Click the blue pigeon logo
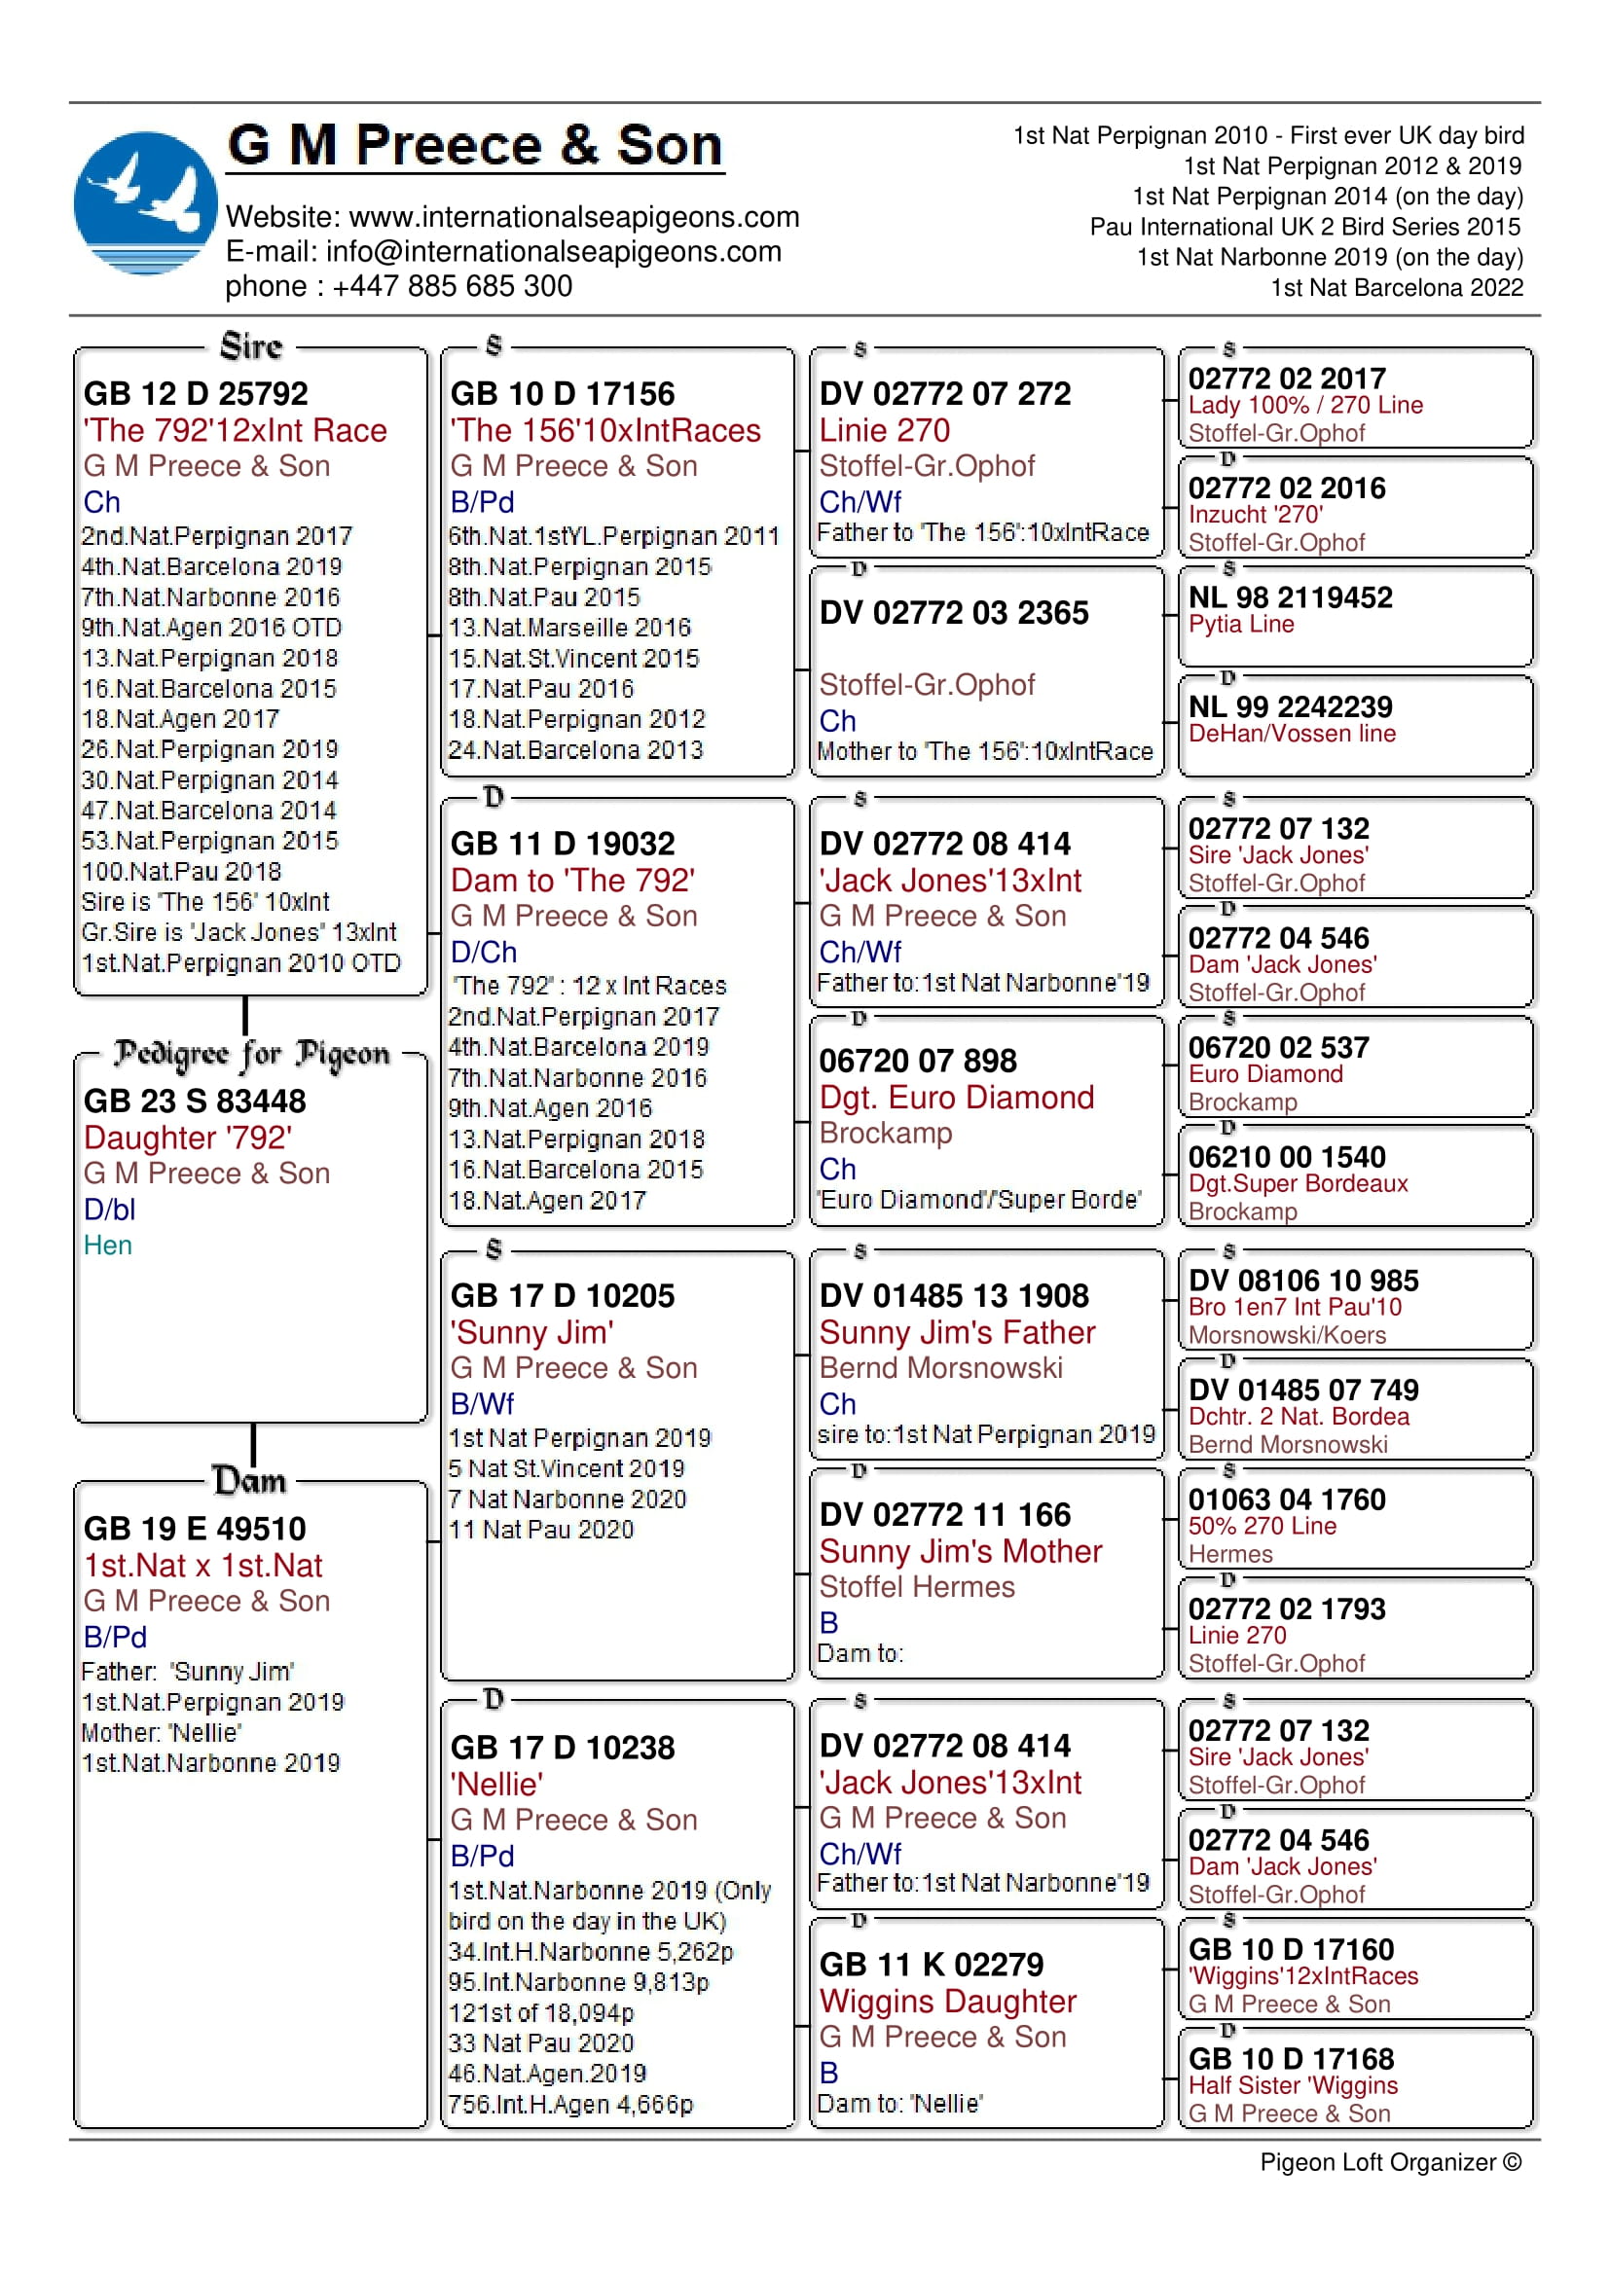coord(145,202)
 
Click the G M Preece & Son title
coord(475,146)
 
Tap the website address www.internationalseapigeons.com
coord(574,217)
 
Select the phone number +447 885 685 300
coord(452,286)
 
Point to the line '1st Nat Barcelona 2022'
coord(1396,288)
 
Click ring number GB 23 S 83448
coord(195,1102)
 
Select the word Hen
coord(107,1246)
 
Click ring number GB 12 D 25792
coord(196,393)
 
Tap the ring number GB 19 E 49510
coord(195,1529)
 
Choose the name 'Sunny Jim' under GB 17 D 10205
coord(531,1332)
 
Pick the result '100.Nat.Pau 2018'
coord(181,871)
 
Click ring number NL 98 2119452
coord(1290,597)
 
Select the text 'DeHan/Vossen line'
coord(1292,734)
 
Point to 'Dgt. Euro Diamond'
coord(957,1098)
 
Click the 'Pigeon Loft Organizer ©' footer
coord(1390,2162)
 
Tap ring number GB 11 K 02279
coord(931,1965)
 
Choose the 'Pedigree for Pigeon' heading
coord(252,1054)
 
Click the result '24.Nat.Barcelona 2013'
coord(575,750)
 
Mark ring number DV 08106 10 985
coord(1302,1281)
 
